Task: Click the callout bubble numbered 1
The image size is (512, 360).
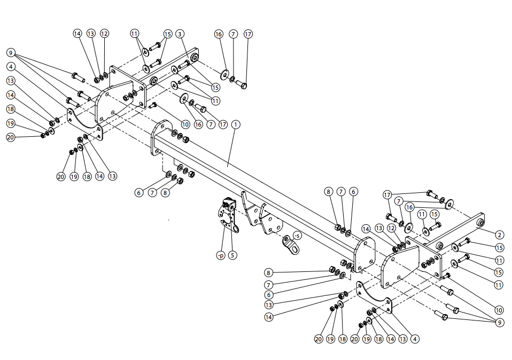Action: [236, 124]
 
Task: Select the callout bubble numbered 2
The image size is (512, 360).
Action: [499, 234]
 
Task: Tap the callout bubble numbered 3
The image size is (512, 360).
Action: [181, 34]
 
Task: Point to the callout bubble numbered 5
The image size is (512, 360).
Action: [232, 255]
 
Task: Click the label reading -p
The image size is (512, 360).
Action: [220, 255]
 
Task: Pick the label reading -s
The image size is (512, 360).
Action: [297, 235]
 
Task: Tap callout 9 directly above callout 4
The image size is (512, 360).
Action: [11, 52]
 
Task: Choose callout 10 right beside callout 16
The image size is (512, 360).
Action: [185, 124]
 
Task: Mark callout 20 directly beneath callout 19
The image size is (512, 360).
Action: [11, 137]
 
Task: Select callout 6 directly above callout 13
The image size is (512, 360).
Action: [268, 295]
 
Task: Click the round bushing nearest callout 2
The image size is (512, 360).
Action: [480, 222]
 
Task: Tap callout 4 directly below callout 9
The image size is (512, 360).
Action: [11, 67]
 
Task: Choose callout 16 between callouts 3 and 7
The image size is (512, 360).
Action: [219, 34]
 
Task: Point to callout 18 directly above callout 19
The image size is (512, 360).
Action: [11, 109]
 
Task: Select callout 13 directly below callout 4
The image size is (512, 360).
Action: [11, 81]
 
